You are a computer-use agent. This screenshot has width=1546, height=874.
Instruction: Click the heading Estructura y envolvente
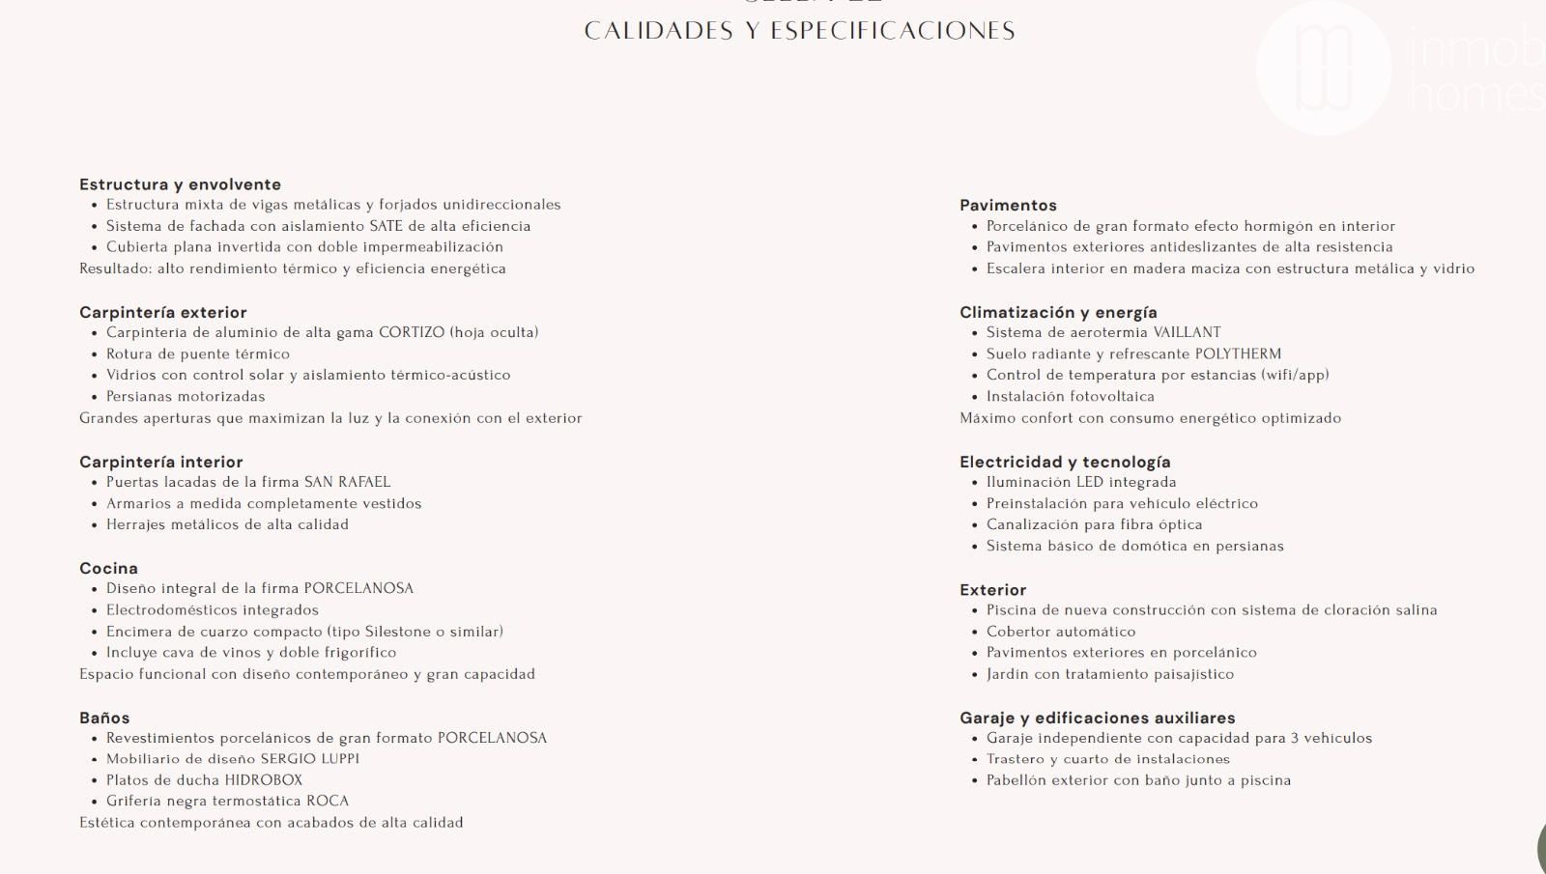coord(180,184)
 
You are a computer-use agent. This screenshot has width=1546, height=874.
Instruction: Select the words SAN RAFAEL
coord(347,482)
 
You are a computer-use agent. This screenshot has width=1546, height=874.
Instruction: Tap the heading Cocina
coord(108,568)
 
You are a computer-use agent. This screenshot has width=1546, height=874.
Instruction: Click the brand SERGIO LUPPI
coord(309,759)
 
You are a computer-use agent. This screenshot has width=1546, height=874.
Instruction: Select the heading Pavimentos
coord(1008,205)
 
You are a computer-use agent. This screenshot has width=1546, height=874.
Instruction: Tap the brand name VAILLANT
coord(1187,332)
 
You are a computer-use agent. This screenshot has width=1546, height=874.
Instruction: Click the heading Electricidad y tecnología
coord(1065,462)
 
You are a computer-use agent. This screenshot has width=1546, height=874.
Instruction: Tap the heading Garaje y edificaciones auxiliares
coord(1097,718)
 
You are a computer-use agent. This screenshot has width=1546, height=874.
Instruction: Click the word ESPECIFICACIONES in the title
coord(893,31)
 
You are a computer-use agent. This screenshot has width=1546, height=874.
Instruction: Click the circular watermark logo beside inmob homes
coord(1323,68)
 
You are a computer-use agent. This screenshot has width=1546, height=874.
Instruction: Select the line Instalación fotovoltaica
coord(1070,396)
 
